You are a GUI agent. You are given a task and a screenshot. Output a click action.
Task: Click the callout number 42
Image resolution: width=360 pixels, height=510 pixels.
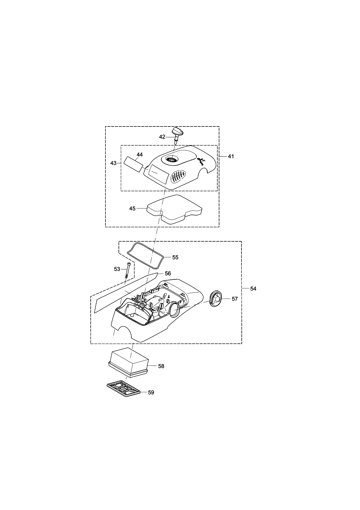pos(162,137)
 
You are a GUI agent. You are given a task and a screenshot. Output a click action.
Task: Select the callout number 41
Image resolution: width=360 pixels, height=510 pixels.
pos(231,156)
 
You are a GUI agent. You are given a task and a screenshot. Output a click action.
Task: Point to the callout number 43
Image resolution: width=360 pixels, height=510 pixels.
pos(113,163)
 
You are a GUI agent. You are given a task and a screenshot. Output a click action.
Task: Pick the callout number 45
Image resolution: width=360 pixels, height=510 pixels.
pos(132,208)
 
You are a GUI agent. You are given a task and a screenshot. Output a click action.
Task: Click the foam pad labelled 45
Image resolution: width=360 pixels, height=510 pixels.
pos(174,209)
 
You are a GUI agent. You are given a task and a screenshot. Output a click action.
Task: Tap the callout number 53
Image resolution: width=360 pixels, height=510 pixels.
pos(117,269)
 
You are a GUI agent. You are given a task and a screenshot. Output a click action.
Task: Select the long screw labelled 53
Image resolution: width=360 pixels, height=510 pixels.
pos(128,270)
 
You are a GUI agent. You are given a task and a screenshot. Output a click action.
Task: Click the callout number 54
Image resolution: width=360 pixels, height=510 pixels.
pos(253,289)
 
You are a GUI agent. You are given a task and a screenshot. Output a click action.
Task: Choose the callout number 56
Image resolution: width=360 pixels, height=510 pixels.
pos(168,274)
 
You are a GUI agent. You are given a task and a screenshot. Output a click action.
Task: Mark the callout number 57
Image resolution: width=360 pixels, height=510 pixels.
pos(234,299)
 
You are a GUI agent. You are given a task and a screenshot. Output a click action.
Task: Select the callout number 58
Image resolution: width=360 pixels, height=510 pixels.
pos(161,366)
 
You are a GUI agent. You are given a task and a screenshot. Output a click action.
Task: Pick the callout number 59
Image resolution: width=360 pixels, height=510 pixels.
pos(151,393)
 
